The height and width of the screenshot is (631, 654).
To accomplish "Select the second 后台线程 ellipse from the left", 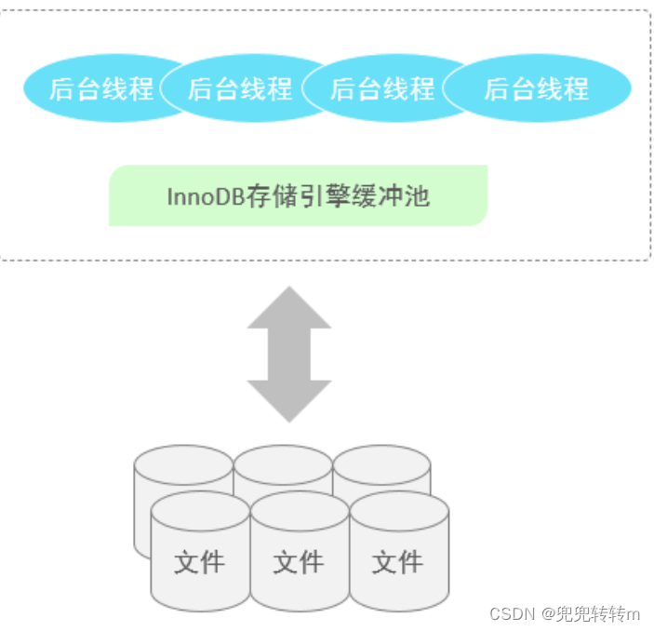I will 240,88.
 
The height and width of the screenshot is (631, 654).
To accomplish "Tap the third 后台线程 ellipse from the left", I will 382,88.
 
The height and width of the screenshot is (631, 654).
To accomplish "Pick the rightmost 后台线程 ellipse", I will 536,88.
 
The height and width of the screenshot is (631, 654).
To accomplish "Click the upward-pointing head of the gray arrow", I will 289,307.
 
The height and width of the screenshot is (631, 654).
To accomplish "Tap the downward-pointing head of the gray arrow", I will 289,402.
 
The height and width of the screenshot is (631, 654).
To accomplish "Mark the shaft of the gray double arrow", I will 289,354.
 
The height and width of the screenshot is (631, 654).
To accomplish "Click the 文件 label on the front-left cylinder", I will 199,562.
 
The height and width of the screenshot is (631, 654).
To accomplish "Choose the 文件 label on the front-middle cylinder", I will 298,562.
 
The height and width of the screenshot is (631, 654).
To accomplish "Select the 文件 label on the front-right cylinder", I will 397,562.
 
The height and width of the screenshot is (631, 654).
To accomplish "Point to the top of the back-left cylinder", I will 182,463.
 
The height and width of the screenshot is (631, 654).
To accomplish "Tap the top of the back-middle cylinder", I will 283,463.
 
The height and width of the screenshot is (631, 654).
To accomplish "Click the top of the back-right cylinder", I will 381,463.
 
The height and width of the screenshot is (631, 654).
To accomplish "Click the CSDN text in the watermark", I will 509,614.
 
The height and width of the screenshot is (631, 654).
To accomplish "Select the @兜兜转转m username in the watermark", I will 592,614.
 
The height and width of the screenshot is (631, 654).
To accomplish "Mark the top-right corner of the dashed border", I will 648,12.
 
